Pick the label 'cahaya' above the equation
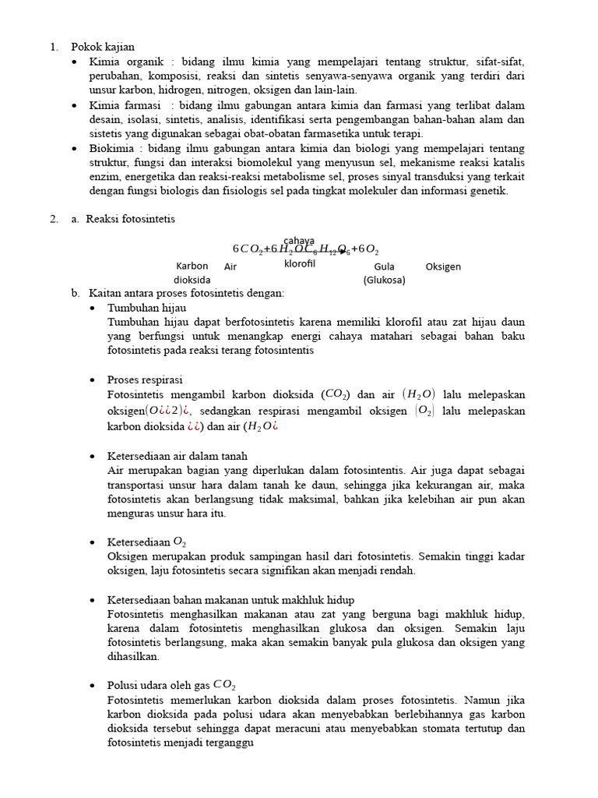(x=299, y=240)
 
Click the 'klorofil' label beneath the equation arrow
(x=299, y=263)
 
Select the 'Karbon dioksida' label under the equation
(x=192, y=273)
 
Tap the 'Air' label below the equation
(x=230, y=267)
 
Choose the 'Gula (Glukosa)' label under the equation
(x=384, y=274)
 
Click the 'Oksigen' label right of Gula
(x=443, y=267)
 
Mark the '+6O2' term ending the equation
(x=364, y=249)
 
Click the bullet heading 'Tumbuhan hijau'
(x=146, y=308)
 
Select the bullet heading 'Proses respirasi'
(x=145, y=380)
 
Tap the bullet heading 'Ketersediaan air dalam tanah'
(x=177, y=456)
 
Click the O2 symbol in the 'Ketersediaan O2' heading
(x=179, y=542)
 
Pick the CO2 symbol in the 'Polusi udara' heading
(x=225, y=685)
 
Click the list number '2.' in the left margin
(x=54, y=219)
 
